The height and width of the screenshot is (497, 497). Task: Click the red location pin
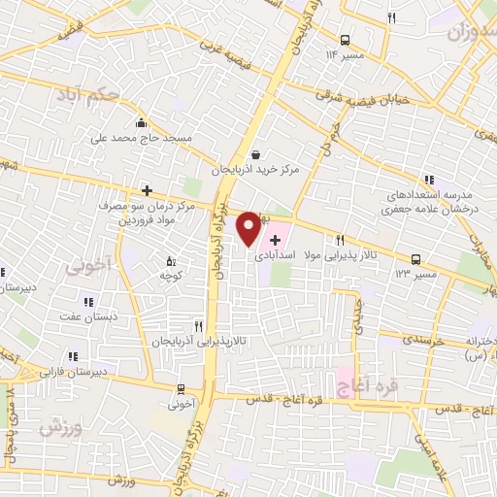click(x=248, y=226)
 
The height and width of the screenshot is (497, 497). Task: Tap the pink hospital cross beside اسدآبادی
click(x=275, y=239)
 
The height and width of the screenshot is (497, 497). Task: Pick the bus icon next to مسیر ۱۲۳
click(x=416, y=259)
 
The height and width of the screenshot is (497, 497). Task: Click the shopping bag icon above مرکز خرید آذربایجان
click(x=255, y=153)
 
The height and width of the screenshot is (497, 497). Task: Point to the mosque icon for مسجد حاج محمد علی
click(x=143, y=123)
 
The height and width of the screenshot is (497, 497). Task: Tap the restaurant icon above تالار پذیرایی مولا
click(x=340, y=240)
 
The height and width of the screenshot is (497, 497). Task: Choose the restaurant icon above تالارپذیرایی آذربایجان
click(x=198, y=327)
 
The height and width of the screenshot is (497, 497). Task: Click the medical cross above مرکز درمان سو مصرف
click(x=147, y=191)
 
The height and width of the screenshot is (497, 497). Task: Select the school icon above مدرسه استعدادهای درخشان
click(x=429, y=179)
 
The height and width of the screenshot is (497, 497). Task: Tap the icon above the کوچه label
click(x=171, y=261)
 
